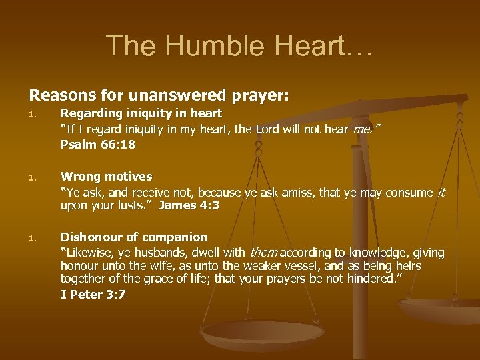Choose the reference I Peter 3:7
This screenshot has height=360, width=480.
93,294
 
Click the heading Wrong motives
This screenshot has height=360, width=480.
106,177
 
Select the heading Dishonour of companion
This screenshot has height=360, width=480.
133,237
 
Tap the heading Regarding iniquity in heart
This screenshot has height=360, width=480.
141,114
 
